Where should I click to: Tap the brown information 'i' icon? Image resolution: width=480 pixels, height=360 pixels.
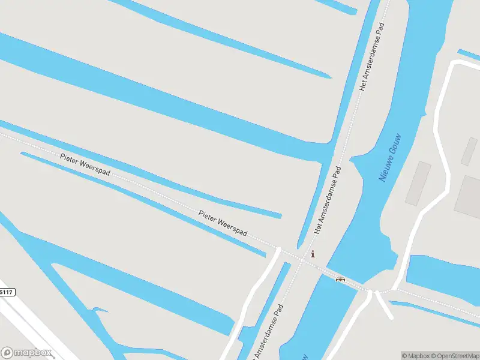pyautogui.click(x=312, y=254)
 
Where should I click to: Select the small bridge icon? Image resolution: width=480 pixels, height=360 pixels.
pyautogui.click(x=340, y=278)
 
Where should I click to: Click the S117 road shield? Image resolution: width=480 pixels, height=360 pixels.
pyautogui.click(x=6, y=292)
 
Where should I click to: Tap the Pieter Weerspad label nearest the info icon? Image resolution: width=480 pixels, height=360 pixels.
pyautogui.click(x=223, y=223)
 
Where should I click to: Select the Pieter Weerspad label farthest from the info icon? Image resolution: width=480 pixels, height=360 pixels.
pyautogui.click(x=85, y=164)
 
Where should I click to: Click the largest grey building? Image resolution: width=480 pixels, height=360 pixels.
pyautogui.click(x=467, y=195)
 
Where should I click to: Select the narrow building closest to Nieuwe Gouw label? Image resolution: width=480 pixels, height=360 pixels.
pyautogui.click(x=418, y=182)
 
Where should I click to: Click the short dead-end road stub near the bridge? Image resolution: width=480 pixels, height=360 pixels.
pyautogui.click(x=384, y=306)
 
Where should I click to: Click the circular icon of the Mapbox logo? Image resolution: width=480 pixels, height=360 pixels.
pyautogui.click(x=7, y=353)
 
